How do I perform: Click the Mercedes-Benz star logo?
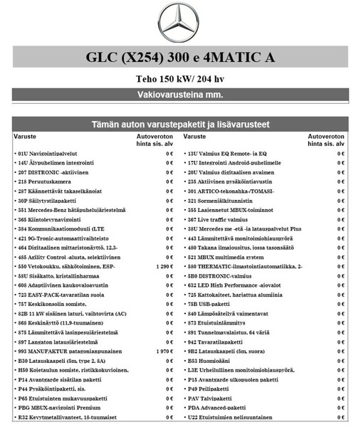181,24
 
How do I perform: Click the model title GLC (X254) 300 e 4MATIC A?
180,58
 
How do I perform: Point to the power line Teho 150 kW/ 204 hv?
180,80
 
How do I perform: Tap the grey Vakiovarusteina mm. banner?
180,95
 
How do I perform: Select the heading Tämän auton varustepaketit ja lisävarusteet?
180,125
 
